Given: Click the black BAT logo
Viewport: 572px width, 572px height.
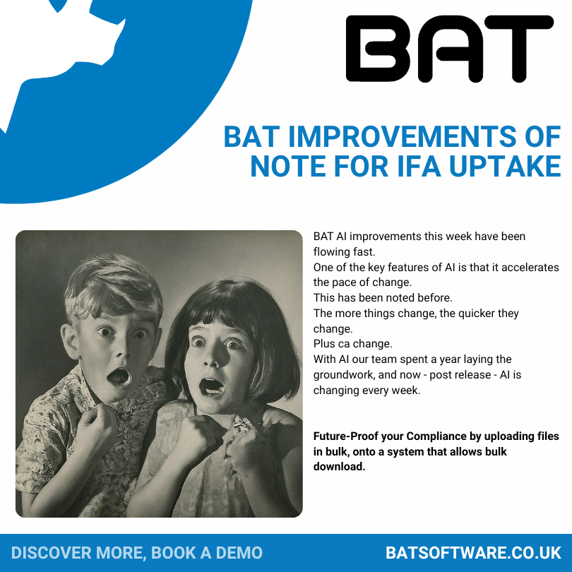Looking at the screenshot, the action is (449, 49).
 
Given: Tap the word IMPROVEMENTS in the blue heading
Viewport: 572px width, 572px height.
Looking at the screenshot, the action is (403, 137).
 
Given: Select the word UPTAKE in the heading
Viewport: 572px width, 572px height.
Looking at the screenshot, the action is (505, 166).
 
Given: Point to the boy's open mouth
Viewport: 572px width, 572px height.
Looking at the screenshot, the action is (119, 377).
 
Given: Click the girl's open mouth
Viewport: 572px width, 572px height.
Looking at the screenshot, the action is (211, 387).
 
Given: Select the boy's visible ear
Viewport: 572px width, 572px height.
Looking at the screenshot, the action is (70, 341).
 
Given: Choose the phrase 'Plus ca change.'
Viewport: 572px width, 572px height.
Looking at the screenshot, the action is (353, 344).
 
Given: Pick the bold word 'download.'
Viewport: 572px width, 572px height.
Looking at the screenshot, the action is (339, 467).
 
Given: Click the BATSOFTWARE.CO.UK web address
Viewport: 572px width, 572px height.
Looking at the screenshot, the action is (473, 553).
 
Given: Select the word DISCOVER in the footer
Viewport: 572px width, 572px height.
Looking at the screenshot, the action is (52, 553).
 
